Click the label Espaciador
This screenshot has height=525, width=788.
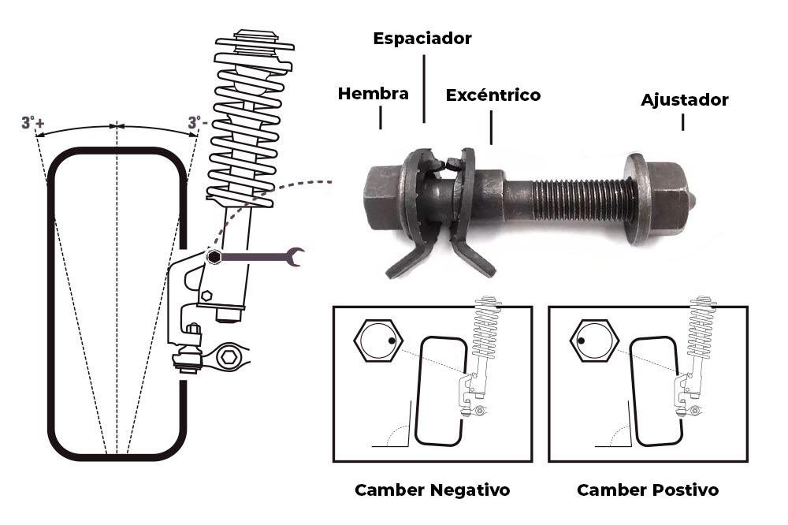(422, 38)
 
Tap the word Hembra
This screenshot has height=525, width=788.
(374, 94)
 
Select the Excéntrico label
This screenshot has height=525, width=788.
(493, 95)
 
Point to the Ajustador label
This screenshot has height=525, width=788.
(684, 100)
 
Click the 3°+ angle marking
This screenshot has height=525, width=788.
(32, 123)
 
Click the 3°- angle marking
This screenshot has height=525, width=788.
(198, 123)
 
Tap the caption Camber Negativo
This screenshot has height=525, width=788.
(432, 490)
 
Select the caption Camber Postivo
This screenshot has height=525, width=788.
(648, 490)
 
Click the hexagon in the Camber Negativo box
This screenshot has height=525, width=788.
(379, 341)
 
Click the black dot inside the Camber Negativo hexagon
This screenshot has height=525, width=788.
(392, 341)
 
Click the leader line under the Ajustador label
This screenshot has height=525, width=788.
(682, 122)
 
